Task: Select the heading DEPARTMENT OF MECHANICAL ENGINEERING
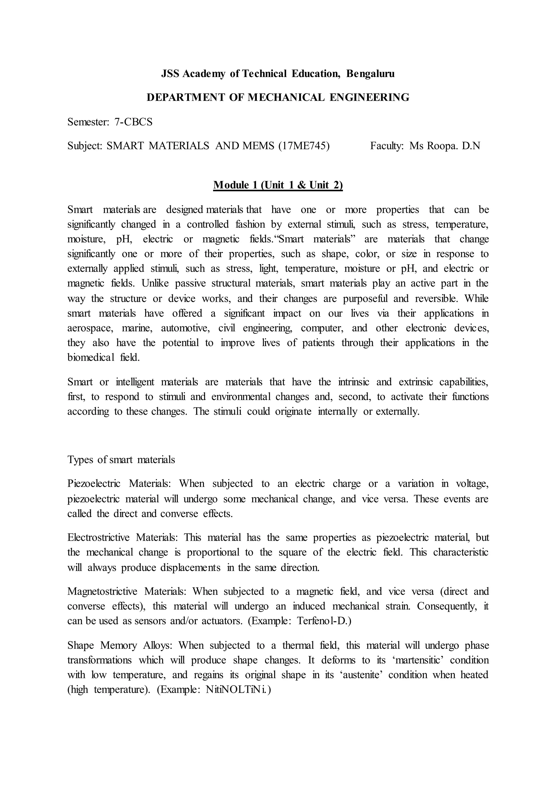[278, 97]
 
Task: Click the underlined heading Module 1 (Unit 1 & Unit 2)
[278, 185]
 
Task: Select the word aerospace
[90, 328]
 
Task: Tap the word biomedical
[90, 358]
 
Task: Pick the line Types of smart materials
[121, 459]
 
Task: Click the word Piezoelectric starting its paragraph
[94, 484]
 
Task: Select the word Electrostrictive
[98, 537]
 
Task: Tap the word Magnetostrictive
[102, 591]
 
